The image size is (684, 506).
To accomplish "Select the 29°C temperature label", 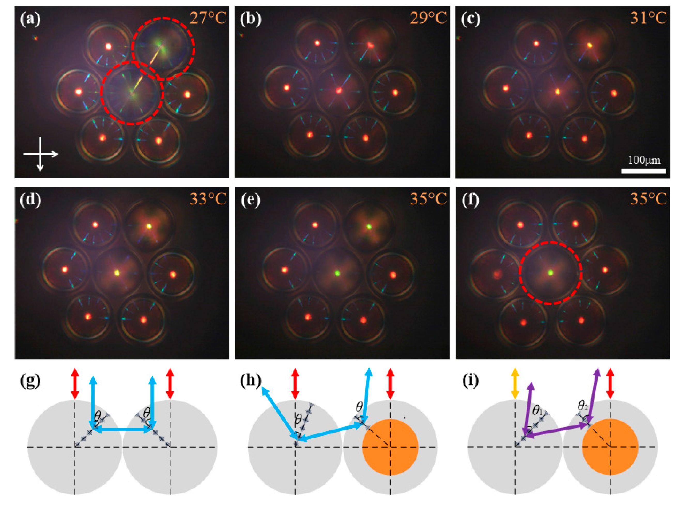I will pyautogui.click(x=428, y=18).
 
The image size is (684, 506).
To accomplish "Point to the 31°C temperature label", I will pyautogui.click(x=648, y=18).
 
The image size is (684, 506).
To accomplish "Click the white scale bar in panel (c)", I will pyautogui.click(x=643, y=171).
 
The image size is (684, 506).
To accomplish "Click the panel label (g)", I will pyautogui.click(x=30, y=381).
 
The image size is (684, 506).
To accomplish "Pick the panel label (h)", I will pyautogui.click(x=250, y=381).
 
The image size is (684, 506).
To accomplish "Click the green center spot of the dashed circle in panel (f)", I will pyautogui.click(x=550, y=272).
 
